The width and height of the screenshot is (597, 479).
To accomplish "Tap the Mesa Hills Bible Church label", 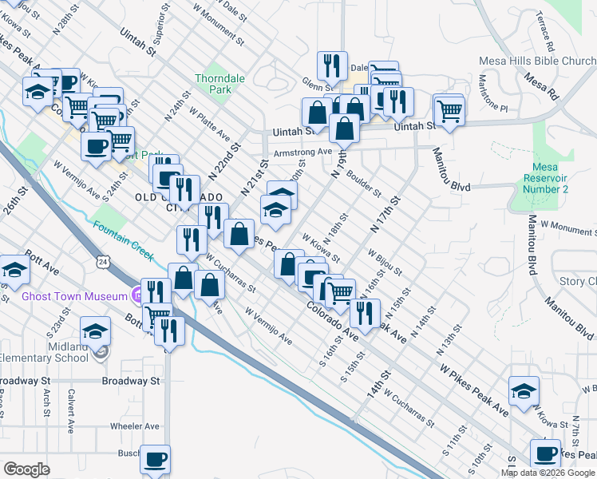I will pos(536,61).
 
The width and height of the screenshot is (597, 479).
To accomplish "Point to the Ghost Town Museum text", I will pos(74,296).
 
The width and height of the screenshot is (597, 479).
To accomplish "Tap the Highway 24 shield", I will pos(103,261).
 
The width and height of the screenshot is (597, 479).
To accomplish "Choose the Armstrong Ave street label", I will pos(302,152).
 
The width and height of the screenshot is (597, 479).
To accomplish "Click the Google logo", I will pos(26,469).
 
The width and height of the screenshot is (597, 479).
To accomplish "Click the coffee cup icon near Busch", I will pos(155,460).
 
